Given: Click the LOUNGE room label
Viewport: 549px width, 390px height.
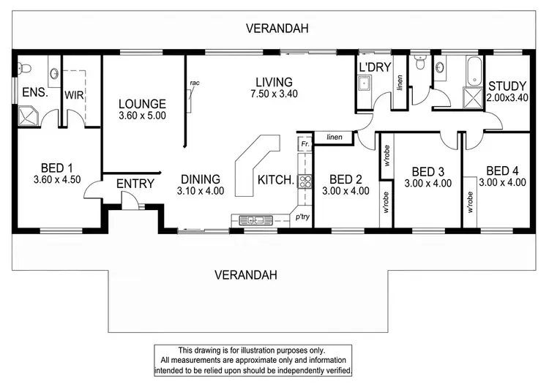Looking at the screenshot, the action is coord(142,104).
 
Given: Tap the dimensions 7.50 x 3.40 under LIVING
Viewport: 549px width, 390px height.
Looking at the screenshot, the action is coord(274,94).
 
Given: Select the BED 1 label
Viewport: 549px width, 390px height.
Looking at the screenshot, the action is coord(56,168).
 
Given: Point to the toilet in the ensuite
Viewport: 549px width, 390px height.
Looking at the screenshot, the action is coord(24,68).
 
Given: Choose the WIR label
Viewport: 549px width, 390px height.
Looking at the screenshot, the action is coord(74,95).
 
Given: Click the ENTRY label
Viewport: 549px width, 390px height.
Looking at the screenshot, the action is coord(135,184).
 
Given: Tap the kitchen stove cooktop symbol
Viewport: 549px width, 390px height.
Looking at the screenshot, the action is coord(305,181).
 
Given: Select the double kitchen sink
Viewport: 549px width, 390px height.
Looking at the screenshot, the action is coord(255,220).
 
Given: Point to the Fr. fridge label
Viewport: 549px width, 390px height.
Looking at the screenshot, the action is coord(305,143).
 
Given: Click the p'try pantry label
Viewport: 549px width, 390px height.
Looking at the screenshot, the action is coord(302,217).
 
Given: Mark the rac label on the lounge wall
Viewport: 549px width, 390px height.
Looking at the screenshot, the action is coord(195,83).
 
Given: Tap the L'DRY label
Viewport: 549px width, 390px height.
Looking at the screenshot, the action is coord(375,67).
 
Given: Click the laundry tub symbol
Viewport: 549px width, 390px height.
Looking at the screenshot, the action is coord(364,84).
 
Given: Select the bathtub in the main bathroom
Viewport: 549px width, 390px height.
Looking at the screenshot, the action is coord(474,71).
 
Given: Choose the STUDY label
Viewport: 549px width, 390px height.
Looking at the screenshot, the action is coord(507,86).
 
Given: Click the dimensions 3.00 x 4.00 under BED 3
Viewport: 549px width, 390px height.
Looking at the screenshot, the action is coord(428,184).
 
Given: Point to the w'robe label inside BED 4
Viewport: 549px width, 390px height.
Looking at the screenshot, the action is coord(470,202).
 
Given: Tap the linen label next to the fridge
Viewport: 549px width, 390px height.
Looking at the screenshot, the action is coord(335,137).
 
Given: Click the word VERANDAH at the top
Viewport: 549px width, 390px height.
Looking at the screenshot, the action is coord(277,29).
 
